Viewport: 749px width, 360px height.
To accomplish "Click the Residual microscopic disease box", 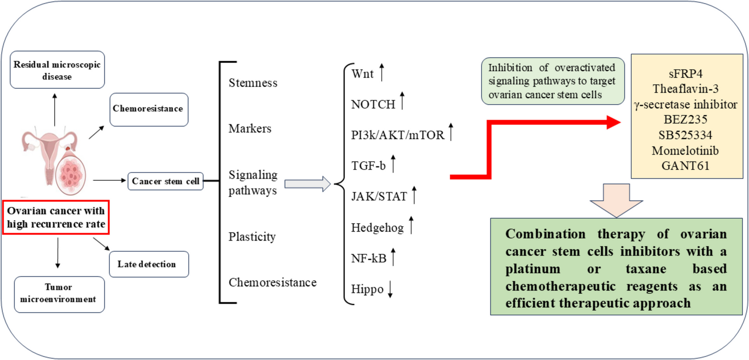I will pos(57,70).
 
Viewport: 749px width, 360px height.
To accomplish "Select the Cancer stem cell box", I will pos(165,181).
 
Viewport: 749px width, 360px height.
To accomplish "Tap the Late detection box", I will pos(149,264).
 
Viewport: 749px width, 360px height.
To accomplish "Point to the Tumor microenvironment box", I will pos(59,294).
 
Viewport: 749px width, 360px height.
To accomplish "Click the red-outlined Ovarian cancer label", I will pos(56,217).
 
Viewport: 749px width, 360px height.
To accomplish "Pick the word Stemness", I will pos(253,83).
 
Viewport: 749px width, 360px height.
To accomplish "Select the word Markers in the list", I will pos(250,128).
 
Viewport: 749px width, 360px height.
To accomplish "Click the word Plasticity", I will pos(252,237).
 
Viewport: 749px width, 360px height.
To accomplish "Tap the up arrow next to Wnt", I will pos(382,72).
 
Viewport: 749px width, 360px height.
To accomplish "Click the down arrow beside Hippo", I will pos(390,289).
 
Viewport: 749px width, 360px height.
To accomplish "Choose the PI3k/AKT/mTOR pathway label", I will pos(398,135).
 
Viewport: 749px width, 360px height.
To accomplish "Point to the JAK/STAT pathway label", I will pos(379,197).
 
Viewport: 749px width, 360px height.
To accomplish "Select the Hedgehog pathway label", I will pos(377,228).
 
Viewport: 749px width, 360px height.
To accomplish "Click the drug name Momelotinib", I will pos(685,151).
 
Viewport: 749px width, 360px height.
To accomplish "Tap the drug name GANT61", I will pos(685,166).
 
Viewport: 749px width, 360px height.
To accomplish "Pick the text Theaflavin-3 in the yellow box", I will pos(685,89).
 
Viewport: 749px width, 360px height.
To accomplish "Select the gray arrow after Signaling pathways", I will pos(307,184).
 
